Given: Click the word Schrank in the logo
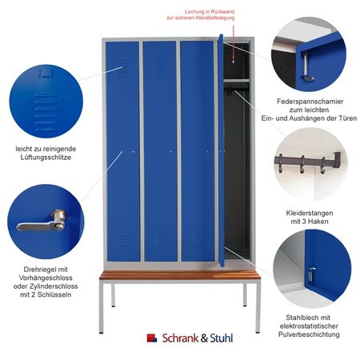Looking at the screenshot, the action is [180, 338].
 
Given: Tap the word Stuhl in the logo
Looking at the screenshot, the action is [222, 338].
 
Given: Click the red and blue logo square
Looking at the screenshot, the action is [152, 338].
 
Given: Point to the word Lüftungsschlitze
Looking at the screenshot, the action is [46, 158].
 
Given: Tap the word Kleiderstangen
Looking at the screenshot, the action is [310, 213].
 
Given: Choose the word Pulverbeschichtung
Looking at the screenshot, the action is [309, 334].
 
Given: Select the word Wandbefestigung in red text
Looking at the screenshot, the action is [215, 18].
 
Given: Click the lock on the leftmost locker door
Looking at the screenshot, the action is [134, 151].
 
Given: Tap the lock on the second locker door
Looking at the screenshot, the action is [170, 151].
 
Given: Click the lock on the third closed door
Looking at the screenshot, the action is [208, 151].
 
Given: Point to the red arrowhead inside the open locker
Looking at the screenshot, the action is [234, 60].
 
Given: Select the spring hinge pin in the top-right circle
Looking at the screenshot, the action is [306, 67].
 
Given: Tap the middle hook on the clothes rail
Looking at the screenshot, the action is [302, 165].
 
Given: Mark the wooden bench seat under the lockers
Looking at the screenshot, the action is [180, 275].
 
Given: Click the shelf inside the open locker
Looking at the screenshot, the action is [236, 80].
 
